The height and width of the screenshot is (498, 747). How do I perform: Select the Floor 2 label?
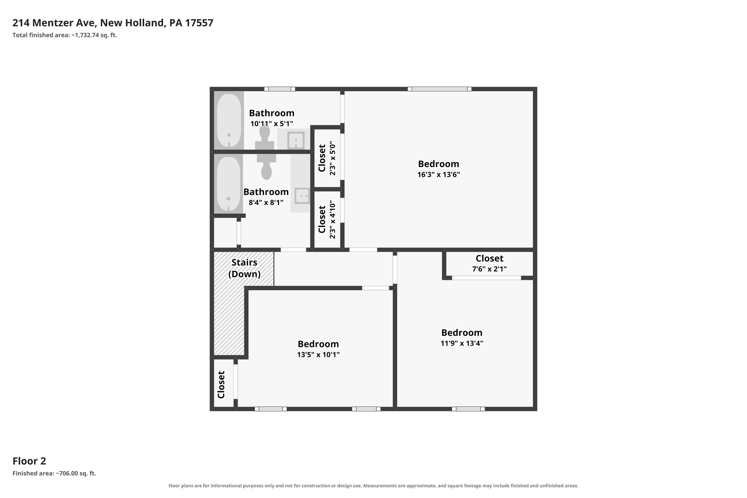coord(29,461)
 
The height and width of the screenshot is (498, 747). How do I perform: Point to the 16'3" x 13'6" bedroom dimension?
coord(438,174)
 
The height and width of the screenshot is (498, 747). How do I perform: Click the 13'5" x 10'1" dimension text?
coord(318,354)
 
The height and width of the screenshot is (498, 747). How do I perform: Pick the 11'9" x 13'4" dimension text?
coord(462,343)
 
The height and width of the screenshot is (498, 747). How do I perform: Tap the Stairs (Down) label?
coord(244,268)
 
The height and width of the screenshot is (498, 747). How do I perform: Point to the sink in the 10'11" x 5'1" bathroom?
coord(296,140)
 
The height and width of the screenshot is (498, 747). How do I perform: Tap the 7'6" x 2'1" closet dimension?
coord(490,269)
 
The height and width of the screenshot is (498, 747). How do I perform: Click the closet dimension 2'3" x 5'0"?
coord(332,158)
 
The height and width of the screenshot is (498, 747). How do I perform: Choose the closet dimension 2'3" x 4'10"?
coord(332,219)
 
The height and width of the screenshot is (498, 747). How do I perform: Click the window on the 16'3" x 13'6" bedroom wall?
coord(439,89)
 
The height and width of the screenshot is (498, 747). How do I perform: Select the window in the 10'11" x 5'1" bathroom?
coord(279,89)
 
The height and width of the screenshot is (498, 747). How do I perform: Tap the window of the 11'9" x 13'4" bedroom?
coord(468,409)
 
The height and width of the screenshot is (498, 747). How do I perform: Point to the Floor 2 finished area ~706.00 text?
coord(54,473)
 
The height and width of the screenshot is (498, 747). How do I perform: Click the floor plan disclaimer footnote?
coord(373,486)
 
